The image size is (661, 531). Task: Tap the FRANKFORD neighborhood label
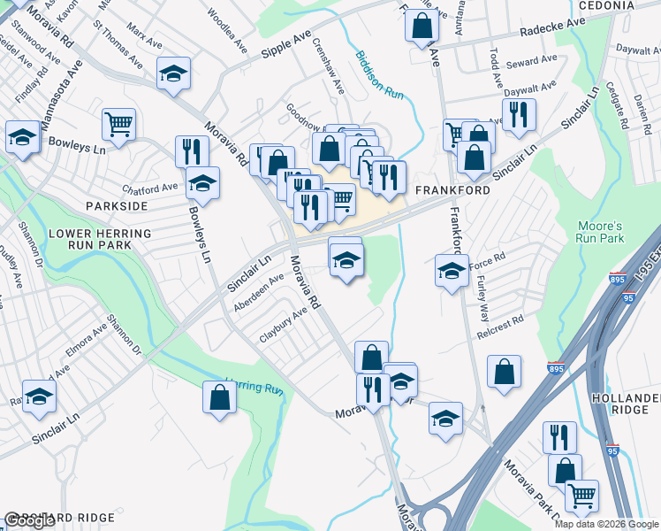point(450,190)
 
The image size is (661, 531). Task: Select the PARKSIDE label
point(117,205)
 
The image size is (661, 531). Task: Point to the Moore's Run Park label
point(601,232)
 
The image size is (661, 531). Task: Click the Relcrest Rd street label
point(500,323)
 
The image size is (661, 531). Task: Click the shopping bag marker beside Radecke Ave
point(422,26)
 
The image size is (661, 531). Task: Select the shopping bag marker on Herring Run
point(219,396)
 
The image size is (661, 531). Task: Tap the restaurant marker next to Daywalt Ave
point(518,113)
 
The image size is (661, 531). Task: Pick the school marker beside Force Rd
point(452,271)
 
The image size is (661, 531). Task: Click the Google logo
point(30,520)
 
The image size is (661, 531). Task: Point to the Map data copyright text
point(606,524)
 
